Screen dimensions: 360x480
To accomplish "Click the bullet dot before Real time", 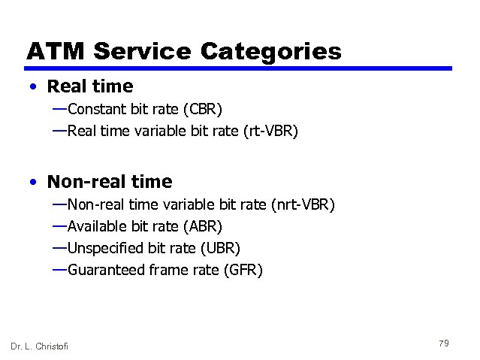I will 33,87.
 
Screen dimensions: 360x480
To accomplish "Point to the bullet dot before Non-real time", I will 33,182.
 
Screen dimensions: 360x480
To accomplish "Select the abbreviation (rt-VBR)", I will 270,132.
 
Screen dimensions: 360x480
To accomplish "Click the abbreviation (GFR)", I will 243,270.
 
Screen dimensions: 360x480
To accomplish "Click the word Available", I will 95,226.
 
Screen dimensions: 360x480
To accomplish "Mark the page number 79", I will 443,343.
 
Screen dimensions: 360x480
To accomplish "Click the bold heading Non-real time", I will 110,182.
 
